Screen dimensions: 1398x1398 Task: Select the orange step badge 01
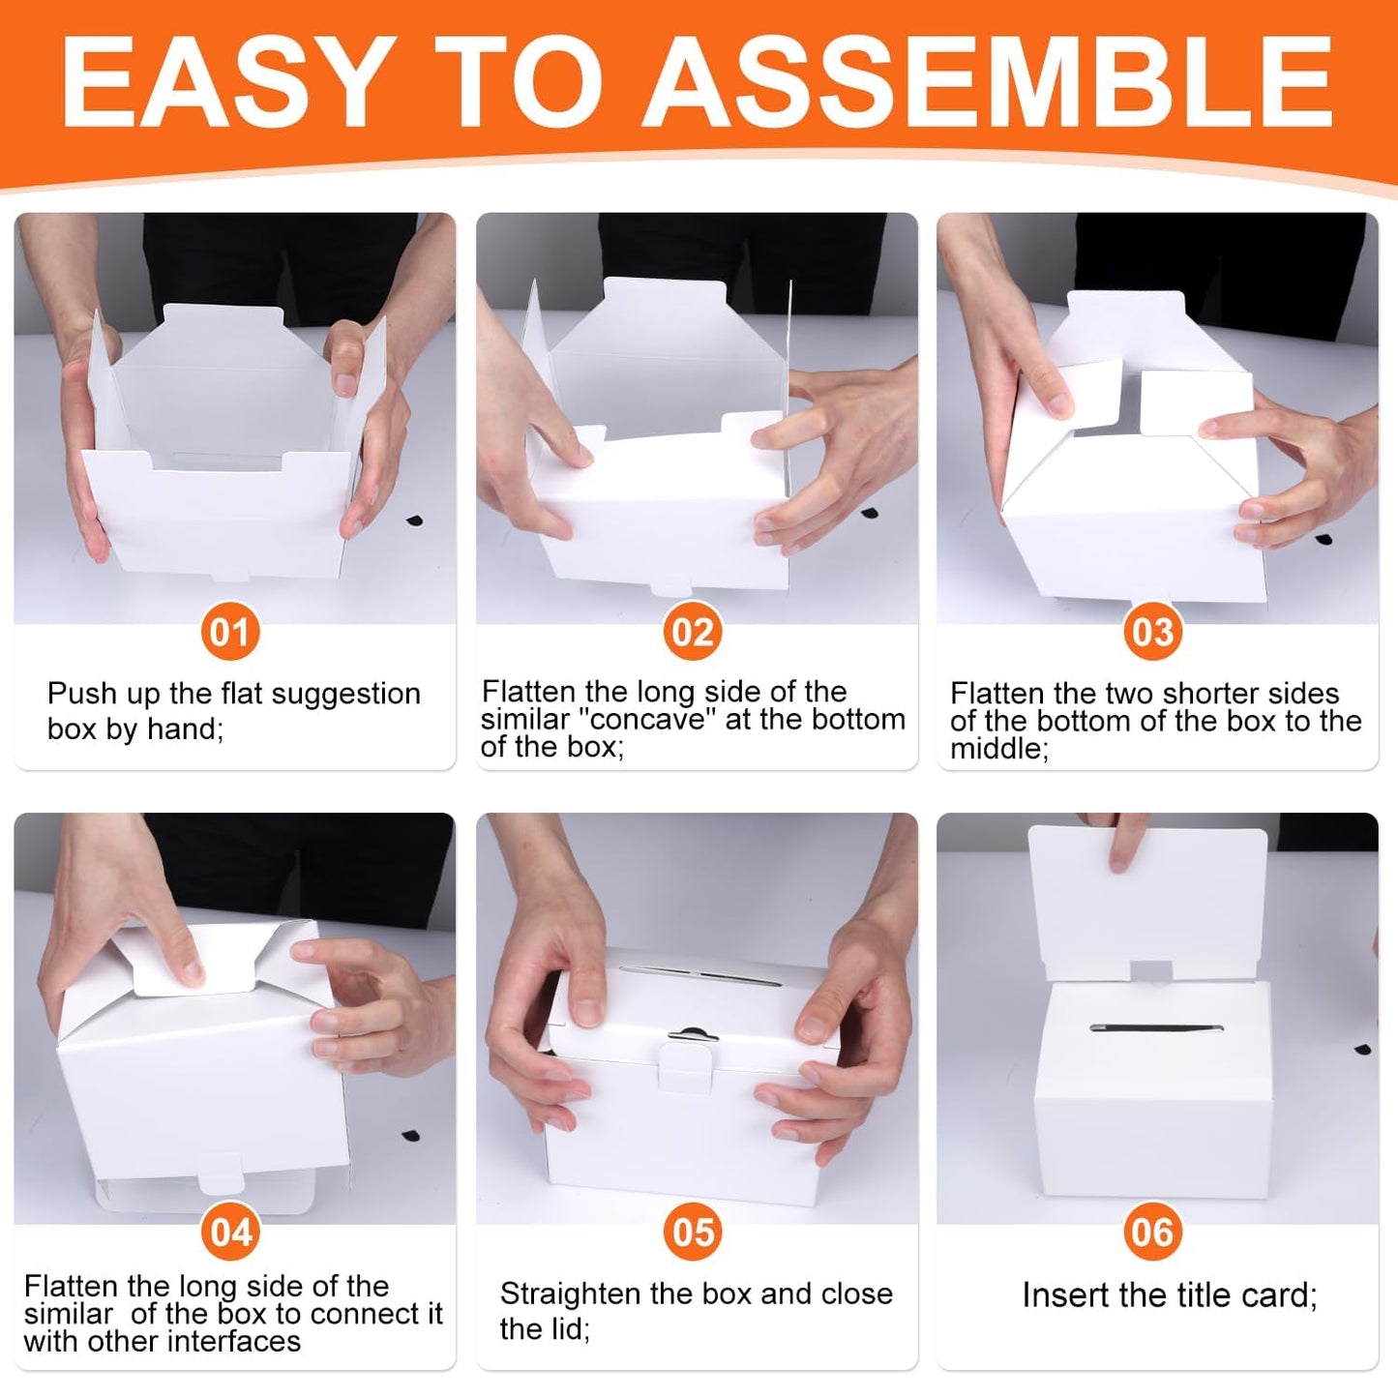230,632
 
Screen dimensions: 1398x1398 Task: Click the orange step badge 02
693,632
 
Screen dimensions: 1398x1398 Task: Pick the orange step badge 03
1153,632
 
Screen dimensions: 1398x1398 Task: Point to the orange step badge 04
230,1232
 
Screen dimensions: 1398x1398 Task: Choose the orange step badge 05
693,1232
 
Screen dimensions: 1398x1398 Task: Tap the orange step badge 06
1153,1232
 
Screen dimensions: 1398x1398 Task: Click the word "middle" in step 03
996,748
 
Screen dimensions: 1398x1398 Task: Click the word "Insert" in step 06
1065,1294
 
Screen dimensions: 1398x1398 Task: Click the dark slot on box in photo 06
1156,1027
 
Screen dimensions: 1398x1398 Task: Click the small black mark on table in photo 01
414,521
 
